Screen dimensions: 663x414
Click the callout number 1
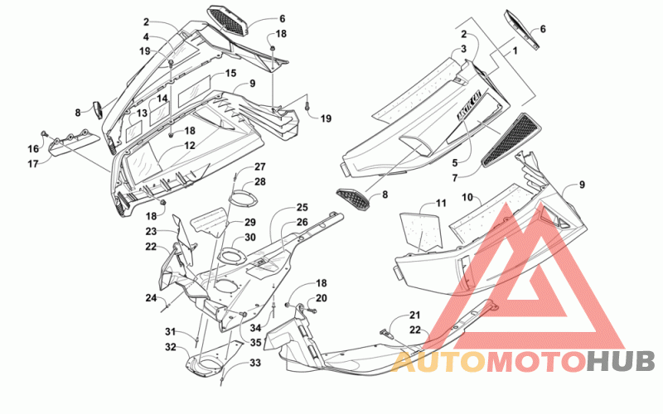tap(515, 51)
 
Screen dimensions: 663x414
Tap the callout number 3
tap(463, 49)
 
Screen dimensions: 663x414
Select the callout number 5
tap(454, 162)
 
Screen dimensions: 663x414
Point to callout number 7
tap(454, 178)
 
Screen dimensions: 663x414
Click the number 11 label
tap(441, 203)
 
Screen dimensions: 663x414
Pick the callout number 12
tap(190, 146)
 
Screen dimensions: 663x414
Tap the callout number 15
tap(230, 73)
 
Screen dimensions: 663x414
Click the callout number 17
tap(33, 163)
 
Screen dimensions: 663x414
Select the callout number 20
tap(322, 298)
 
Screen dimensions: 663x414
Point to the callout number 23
tap(151, 231)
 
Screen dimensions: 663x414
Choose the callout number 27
tap(259, 166)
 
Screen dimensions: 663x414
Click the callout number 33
tap(255, 363)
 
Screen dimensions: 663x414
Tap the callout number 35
tap(255, 343)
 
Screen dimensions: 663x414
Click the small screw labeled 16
tap(44, 134)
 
